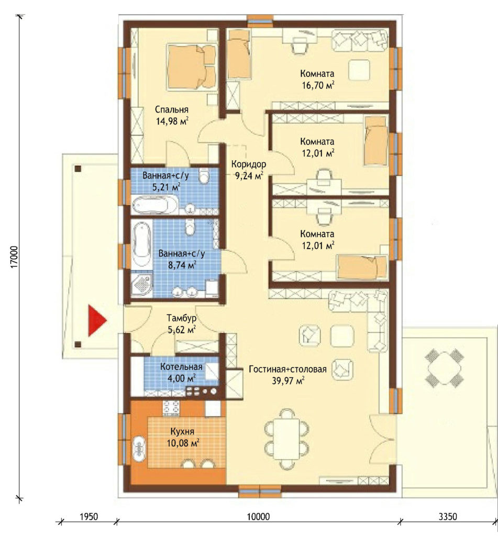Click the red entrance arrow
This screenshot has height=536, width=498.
97,321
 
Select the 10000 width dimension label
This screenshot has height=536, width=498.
258,517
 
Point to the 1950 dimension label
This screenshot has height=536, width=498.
89,517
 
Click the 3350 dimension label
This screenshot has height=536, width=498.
447,517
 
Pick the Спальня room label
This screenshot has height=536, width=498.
172,110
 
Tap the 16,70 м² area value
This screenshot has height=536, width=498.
317,85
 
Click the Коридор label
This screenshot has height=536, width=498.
249,164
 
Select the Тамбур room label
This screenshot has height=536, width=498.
182,318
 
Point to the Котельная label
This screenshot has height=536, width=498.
181,367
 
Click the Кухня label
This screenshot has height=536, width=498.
182,431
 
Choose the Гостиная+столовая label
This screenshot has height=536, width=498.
287,369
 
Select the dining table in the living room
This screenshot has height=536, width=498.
287,439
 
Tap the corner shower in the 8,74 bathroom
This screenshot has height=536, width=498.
141,283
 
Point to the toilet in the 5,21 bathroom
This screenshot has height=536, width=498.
204,176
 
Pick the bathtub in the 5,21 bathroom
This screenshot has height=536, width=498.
155,205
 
